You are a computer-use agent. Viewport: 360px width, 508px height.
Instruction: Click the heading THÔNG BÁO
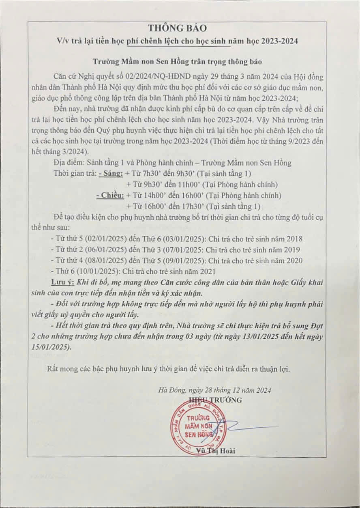pyautogui.click(x=177, y=28)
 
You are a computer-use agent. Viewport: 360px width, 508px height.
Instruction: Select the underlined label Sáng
pyautogui.click(x=111, y=173)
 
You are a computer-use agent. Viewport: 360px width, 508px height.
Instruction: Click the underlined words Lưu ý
pyautogui.click(x=61, y=282)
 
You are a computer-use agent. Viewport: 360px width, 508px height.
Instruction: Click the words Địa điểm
pyautogui.click(x=67, y=163)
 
